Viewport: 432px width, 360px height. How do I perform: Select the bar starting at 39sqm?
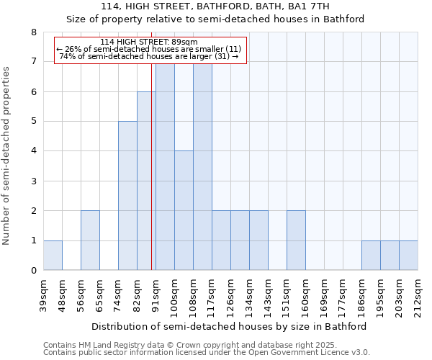pos(53,256)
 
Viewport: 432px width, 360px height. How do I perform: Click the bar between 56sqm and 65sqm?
pos(90,240)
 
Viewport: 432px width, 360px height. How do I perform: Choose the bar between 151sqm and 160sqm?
pos(296,240)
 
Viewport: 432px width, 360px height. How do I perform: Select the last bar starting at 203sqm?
pos(408,256)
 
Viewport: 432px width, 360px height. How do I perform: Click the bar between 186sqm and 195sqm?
pos(371,256)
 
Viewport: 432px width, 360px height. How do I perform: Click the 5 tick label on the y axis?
pos(33,122)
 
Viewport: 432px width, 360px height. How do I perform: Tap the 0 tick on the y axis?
pos(33,271)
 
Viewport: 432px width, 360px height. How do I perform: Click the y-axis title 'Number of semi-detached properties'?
pos(7,156)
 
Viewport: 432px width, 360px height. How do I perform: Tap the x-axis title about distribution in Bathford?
pos(230,326)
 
